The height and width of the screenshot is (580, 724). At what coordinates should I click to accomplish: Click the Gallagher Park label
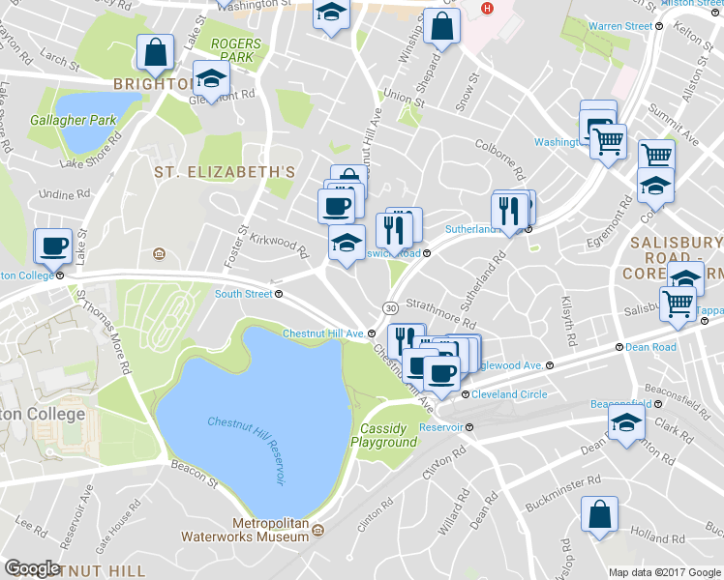tap(73, 119)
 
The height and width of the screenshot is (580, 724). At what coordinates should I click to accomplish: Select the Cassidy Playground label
tap(388, 435)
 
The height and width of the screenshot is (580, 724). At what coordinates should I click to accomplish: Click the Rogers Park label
tap(235, 50)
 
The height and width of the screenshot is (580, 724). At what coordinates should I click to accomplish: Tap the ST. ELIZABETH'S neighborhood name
tap(224, 171)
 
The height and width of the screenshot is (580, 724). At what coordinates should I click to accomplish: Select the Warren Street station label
tap(620, 26)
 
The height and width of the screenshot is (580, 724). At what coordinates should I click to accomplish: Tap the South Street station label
tap(243, 293)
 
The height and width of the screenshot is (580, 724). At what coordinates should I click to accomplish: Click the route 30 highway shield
tap(388, 307)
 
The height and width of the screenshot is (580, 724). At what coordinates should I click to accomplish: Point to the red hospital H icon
tap(487, 10)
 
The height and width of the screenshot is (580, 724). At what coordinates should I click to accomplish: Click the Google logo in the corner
tap(32, 567)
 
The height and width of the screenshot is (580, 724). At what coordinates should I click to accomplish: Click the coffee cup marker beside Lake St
tap(54, 245)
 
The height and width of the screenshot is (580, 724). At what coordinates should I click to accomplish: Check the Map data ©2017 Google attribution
tap(664, 572)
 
